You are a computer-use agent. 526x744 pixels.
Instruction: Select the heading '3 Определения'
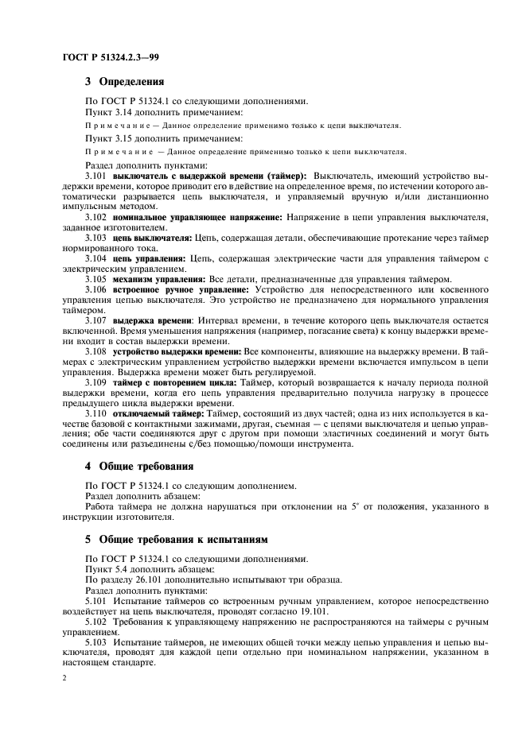click(x=124, y=81)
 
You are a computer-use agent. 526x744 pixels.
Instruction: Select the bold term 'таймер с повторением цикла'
click(x=169, y=382)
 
